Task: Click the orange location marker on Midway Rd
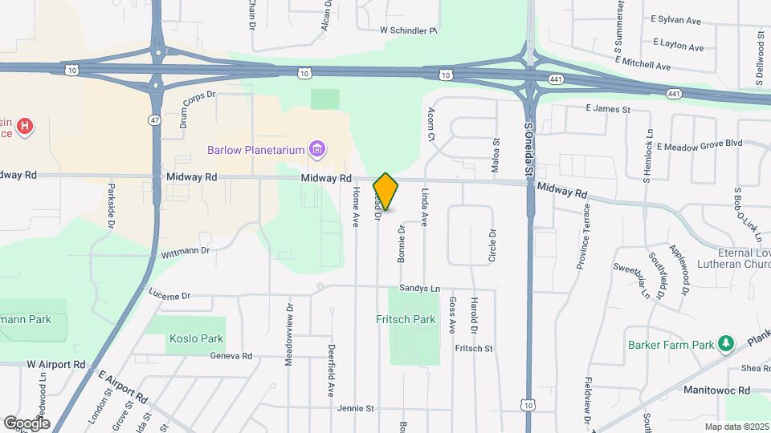pyautogui.click(x=385, y=192)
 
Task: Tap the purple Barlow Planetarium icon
pyautogui.click(x=318, y=149)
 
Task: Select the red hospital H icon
pyautogui.click(x=26, y=126)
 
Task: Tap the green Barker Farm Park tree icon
pyautogui.click(x=726, y=344)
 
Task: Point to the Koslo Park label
pyautogui.click(x=196, y=338)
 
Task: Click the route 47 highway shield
pyautogui.click(x=153, y=119)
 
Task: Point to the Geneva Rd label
pyautogui.click(x=230, y=355)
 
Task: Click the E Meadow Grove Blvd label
pyautogui.click(x=699, y=146)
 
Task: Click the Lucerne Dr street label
pyautogui.click(x=169, y=295)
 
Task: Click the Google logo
pyautogui.click(x=27, y=423)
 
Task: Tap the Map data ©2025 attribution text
pyautogui.click(x=736, y=427)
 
